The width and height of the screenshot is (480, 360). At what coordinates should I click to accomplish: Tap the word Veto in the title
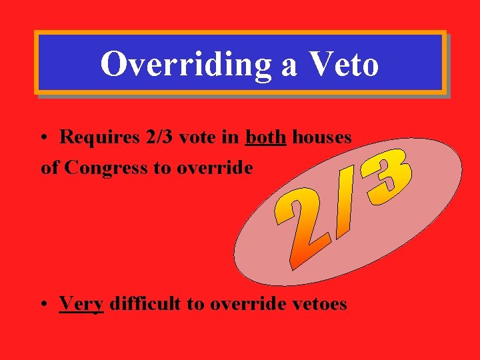[x=344, y=65]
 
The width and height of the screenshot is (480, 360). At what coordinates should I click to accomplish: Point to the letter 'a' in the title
[x=289, y=66]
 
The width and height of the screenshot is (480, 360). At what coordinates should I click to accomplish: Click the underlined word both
[x=266, y=137]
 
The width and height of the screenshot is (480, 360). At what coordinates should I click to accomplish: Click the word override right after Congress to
[x=215, y=168]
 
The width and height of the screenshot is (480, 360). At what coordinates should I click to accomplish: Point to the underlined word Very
[x=81, y=304]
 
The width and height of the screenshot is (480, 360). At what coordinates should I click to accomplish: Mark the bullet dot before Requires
[x=43, y=138]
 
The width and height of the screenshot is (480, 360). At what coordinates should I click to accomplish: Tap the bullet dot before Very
[x=43, y=305]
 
